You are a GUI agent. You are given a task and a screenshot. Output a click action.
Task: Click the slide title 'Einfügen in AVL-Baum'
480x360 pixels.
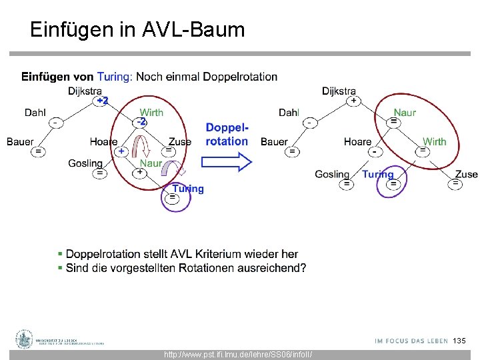(137, 29)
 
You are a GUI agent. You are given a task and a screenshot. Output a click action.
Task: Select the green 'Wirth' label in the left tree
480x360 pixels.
(151, 113)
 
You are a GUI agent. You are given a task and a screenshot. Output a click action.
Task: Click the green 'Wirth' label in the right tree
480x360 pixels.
(435, 141)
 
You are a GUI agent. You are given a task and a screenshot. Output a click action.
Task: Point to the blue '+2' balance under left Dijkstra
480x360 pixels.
(101, 101)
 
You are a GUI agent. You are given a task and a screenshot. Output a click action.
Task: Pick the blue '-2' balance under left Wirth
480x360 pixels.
(141, 122)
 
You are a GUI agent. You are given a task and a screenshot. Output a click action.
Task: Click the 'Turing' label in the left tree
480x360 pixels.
(188, 189)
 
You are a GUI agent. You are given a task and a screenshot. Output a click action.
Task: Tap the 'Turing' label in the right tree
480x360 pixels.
(378, 174)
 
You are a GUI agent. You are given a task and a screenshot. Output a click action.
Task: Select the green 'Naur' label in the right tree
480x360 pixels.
(405, 113)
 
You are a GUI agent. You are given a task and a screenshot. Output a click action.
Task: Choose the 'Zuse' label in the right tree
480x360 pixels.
(467, 174)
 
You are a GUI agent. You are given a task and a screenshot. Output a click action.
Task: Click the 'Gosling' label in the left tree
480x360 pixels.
(85, 163)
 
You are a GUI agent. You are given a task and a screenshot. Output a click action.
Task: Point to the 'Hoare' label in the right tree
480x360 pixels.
(358, 141)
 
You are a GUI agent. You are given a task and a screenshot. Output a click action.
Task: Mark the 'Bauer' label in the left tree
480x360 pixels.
(20, 141)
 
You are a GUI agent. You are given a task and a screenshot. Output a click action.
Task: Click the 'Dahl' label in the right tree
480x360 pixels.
(289, 113)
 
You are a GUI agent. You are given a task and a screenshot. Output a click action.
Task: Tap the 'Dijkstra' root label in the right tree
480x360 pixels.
(339, 91)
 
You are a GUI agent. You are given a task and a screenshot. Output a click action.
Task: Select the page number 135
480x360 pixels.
(459, 341)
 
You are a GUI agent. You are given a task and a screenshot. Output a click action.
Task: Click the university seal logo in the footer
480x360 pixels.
(25, 339)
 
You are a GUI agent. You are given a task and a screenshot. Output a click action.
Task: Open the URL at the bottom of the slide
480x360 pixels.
(237, 355)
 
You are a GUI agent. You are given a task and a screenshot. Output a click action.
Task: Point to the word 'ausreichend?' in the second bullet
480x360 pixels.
(274, 268)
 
